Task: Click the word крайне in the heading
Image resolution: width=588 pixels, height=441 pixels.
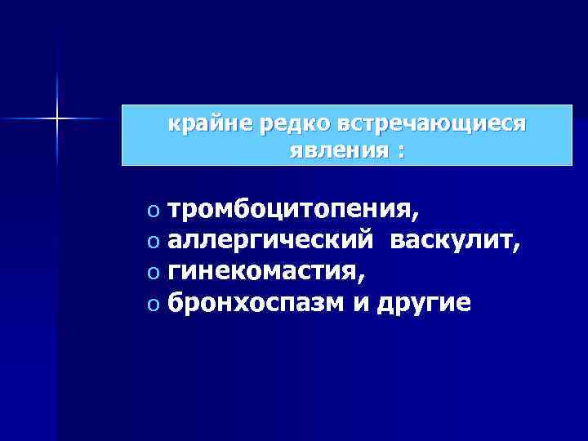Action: [x=202, y=125]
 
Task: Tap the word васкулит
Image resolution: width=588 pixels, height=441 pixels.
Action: [x=451, y=241]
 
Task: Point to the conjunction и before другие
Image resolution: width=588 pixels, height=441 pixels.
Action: [x=360, y=301]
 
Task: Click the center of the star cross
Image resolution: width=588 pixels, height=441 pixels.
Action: [x=57, y=119]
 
